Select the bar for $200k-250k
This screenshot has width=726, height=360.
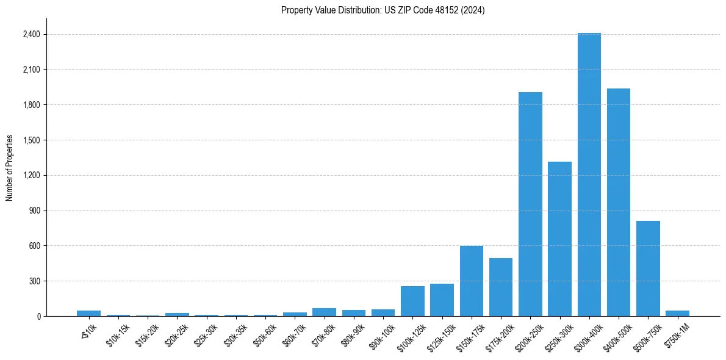530,204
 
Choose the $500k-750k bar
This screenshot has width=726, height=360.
648,268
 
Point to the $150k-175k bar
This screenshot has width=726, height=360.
472,281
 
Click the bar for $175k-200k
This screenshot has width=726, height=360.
501,287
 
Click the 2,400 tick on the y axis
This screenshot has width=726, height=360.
31,34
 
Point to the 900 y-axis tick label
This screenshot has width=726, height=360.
34,211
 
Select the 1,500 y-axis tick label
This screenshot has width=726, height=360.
31,140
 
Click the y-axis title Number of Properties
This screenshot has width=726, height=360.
10,168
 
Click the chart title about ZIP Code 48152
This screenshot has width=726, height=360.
383,10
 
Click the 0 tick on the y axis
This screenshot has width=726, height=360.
38,316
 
